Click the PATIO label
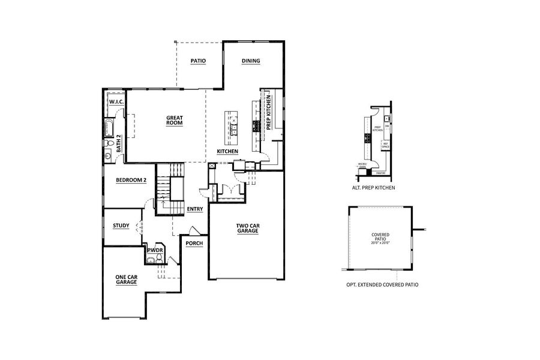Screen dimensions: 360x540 tap(198, 61)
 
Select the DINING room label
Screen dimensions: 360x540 tap(251, 61)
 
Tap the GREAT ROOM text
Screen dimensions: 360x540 tap(174, 120)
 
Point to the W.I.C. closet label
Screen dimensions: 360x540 tap(116, 102)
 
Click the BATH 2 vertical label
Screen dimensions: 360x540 tap(119, 142)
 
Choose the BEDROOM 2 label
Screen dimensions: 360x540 tap(131, 180)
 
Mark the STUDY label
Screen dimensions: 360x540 tap(121, 226)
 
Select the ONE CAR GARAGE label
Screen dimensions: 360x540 tap(126, 280)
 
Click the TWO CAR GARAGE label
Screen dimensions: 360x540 tap(247, 229)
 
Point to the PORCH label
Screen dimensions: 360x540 tap(194, 244)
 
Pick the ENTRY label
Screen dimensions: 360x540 tap(194, 209)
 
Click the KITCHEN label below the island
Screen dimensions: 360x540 tap(228, 152)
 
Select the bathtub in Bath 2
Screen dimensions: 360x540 tap(109, 128)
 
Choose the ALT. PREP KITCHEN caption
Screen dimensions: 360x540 tap(373, 187)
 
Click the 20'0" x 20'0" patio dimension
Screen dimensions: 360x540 tap(381, 243)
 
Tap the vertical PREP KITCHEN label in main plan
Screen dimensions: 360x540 tap(269, 113)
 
